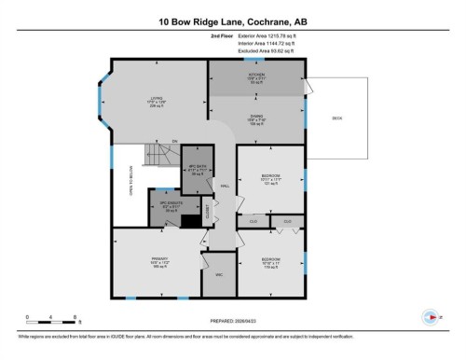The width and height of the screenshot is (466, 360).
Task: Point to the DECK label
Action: tap(337, 118)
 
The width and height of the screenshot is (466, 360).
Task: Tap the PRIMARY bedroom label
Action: tap(152, 263)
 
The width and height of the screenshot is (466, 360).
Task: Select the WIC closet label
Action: tap(219, 275)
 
